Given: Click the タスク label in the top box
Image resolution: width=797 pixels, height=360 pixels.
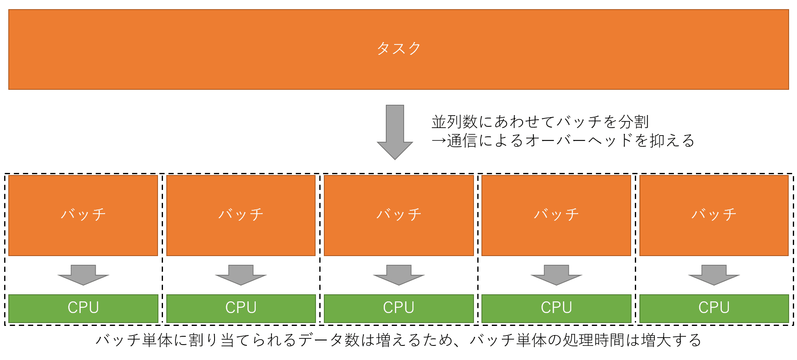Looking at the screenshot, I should click(x=398, y=49).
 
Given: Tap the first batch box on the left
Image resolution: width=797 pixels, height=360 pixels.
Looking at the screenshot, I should click(x=83, y=215).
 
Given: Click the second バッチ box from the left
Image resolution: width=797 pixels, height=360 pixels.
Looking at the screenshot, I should click(x=241, y=215).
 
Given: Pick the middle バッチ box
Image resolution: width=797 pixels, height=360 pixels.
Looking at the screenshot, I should click(x=399, y=215).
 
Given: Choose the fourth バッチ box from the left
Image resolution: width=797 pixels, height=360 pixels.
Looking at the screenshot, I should click(x=556, y=215).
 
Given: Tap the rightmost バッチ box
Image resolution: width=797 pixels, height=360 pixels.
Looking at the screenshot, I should click(x=714, y=215).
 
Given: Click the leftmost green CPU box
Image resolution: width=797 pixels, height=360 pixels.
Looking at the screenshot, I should click(x=83, y=308).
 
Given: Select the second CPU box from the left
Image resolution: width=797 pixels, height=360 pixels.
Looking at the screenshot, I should click(x=241, y=308).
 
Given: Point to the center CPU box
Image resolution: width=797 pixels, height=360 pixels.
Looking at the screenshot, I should click(x=399, y=308).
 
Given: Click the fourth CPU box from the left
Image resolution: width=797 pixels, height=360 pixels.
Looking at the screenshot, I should click(x=556, y=308).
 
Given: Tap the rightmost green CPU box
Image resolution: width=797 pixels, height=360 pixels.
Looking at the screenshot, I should click(x=714, y=308).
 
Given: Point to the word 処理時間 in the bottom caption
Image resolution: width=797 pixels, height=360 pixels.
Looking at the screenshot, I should click(x=594, y=340).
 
